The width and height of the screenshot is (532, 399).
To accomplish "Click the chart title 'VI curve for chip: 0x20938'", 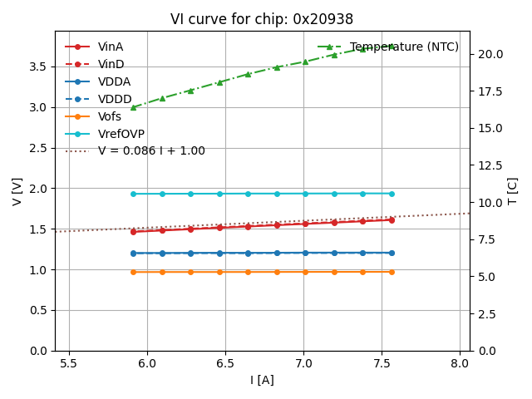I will click(262, 19).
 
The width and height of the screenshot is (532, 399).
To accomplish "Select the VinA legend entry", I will click(111, 47).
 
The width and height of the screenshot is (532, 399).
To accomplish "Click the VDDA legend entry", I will click(115, 82).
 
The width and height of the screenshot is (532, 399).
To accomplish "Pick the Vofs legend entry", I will click(110, 116).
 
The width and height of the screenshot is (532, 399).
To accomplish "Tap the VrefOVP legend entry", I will click(121, 134).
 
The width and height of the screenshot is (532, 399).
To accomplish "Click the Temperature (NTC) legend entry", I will click(404, 47).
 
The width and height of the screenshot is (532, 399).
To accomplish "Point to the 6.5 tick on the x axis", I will click(225, 363).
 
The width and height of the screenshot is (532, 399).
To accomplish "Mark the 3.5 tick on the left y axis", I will click(39, 66).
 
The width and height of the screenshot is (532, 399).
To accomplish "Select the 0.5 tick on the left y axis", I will click(39, 310).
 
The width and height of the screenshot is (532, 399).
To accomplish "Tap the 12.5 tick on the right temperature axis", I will click(489, 165).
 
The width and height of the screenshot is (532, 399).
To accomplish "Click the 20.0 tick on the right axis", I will click(489, 54).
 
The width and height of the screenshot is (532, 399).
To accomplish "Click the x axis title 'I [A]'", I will click(262, 380).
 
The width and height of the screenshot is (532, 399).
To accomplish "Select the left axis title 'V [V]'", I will click(17, 191).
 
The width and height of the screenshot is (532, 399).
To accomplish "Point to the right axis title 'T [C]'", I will click(513, 191).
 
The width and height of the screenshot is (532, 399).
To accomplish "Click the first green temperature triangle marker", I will click(133, 107).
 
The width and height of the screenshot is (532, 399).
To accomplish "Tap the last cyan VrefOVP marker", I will click(392, 194).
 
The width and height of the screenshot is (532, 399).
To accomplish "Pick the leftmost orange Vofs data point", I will click(133, 272).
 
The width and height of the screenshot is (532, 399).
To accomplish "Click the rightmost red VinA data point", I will click(392, 219).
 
